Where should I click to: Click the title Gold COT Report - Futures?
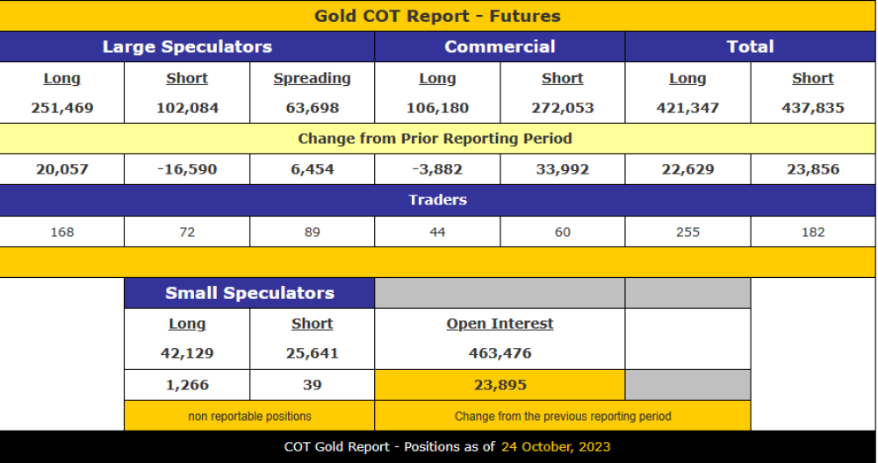click(437, 16)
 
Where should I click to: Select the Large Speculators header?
click(187, 47)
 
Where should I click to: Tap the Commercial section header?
click(500, 47)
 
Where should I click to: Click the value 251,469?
click(62, 108)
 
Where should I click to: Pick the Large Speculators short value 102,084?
click(187, 108)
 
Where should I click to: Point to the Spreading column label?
click(312, 78)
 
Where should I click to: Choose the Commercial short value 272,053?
click(563, 108)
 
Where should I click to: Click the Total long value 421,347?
click(687, 108)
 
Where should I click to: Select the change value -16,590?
click(187, 169)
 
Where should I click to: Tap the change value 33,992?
click(563, 169)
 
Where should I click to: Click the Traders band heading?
click(437, 200)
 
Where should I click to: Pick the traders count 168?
click(62, 232)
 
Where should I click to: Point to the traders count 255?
click(687, 232)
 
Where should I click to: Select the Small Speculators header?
click(249, 293)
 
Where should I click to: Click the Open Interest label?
click(500, 324)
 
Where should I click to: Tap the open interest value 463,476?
click(500, 353)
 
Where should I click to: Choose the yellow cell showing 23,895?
click(500, 385)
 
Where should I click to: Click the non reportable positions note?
click(249, 417)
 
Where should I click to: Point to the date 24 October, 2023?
click(555, 446)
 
